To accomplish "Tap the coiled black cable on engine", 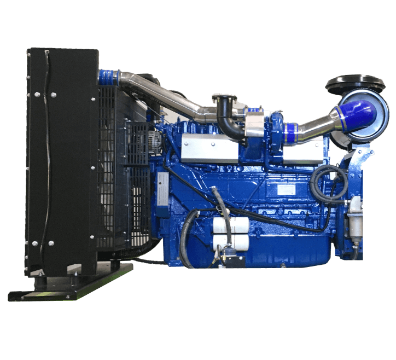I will tap(328, 184).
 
